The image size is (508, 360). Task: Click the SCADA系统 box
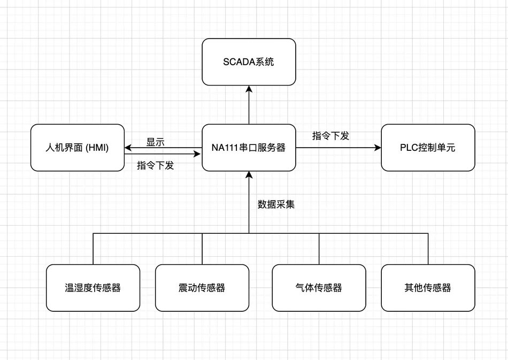(x=249, y=62)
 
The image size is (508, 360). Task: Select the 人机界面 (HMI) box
(x=77, y=148)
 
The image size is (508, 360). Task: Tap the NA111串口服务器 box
(x=249, y=148)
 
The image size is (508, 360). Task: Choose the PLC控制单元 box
(x=428, y=148)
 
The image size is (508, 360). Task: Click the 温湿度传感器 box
(x=93, y=288)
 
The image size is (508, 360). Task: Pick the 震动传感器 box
(x=202, y=288)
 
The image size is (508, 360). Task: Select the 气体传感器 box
(x=319, y=288)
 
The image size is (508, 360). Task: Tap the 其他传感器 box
(x=428, y=288)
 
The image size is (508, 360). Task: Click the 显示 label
(x=156, y=142)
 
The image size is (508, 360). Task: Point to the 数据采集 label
(x=276, y=204)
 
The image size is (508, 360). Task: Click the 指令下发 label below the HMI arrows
(x=156, y=165)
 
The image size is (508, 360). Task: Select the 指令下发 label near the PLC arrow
(x=330, y=136)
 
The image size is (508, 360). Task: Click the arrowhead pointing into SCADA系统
(x=249, y=89)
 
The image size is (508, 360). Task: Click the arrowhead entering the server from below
(x=249, y=175)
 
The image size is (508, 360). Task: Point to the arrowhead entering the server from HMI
(x=198, y=154)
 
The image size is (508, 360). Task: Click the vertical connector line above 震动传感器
(x=202, y=249)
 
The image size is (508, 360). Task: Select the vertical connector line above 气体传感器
(x=319, y=249)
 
